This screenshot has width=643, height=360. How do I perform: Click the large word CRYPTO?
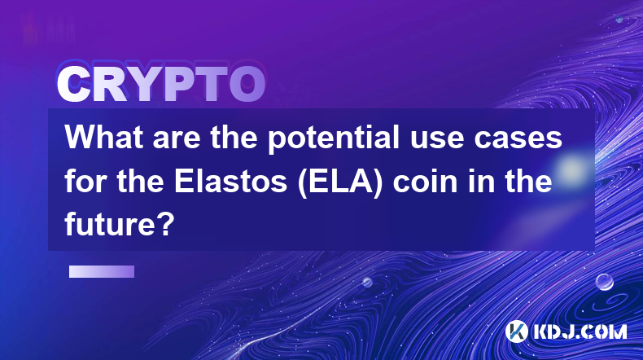pyautogui.click(x=161, y=84)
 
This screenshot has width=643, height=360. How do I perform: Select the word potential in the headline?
pyautogui.click(x=334, y=139)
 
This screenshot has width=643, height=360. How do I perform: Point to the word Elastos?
pyautogui.click(x=230, y=182)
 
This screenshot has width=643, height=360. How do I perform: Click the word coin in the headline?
pyautogui.click(x=425, y=182)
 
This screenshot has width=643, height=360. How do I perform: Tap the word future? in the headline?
pyautogui.click(x=120, y=224)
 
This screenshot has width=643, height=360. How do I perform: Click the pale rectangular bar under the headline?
pyautogui.click(x=102, y=272)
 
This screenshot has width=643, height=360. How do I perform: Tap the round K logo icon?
pyautogui.click(x=517, y=331)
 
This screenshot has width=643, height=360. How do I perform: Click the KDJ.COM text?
pyautogui.click(x=580, y=331)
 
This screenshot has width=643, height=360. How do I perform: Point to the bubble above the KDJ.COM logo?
pyautogui.click(x=605, y=282)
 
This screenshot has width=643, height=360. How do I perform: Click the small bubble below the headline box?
pyautogui.click(x=367, y=282)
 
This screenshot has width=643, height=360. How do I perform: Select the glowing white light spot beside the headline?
pyautogui.click(x=572, y=169)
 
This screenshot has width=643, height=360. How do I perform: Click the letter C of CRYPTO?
pyautogui.click(x=73, y=85)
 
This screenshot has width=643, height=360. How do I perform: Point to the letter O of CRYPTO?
pyautogui.click(x=247, y=85)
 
